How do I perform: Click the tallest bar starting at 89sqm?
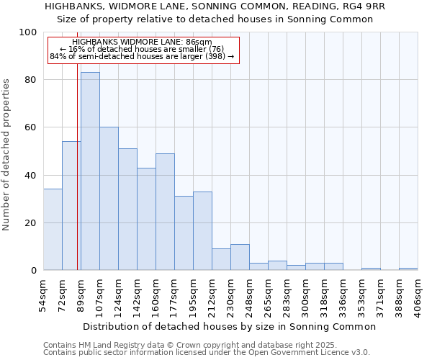point(90,171)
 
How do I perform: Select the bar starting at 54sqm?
point(53,229)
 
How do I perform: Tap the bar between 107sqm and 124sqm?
point(109,199)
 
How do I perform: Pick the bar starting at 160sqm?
point(165,212)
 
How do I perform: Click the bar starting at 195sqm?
point(202,230)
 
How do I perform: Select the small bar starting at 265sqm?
point(277,266)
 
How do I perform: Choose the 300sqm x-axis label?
point(306,296)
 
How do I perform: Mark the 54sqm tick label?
point(44,296)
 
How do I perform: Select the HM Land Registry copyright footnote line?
point(190,345)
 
